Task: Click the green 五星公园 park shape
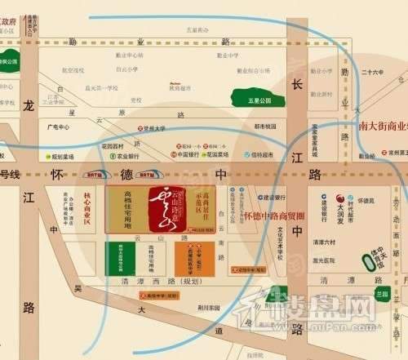252,100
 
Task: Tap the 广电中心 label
60,127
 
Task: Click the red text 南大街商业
383,127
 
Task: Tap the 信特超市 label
261,153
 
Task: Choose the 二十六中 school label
375,72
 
